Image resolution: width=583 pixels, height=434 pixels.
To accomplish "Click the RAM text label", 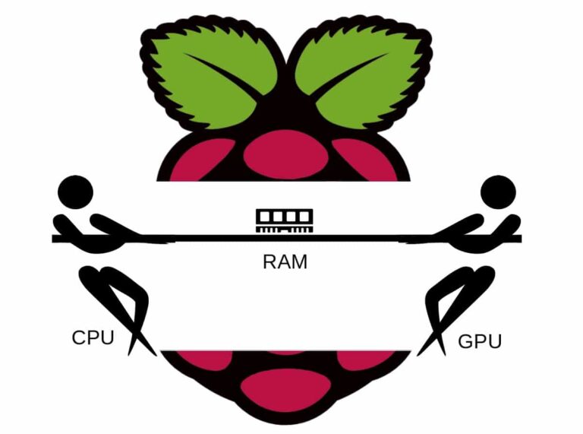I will [285, 262].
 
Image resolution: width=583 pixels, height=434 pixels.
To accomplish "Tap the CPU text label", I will [93, 337].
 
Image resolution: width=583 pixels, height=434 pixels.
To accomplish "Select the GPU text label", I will [480, 341].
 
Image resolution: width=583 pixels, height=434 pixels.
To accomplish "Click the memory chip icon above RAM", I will [285, 220].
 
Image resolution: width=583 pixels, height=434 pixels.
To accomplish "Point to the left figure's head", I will [76, 192].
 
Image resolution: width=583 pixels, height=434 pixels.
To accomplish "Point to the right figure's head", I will [498, 192].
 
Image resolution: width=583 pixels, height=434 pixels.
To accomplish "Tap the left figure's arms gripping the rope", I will [114, 228].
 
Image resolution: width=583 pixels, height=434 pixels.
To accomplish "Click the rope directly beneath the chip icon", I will [285, 239].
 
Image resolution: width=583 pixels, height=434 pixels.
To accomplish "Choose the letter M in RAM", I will [299, 262].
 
